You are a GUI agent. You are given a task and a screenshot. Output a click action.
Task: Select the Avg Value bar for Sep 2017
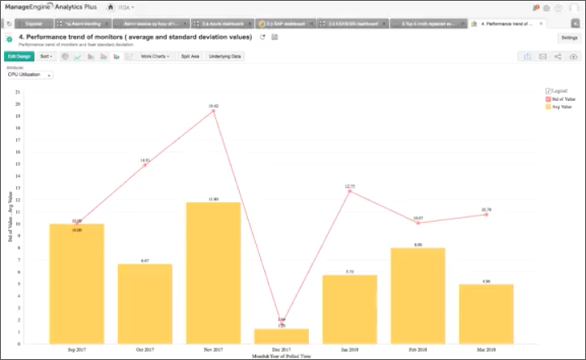pos(76,280)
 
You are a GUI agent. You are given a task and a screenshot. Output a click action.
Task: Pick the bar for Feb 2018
pos(418,293)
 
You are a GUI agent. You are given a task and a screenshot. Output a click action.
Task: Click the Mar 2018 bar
pos(486,310)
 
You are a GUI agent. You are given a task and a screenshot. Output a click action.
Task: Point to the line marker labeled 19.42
pos(213,111)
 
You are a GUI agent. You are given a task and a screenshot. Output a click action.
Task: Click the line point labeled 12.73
pos(349,191)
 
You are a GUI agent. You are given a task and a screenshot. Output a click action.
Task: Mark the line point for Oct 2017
pos(145,165)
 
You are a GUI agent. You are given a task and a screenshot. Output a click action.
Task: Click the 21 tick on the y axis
pos(17,92)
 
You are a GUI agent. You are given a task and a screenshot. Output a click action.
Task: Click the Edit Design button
pos(19,57)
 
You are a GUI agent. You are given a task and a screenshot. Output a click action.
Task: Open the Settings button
pos(569,37)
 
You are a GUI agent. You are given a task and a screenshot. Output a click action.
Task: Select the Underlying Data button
pos(225,57)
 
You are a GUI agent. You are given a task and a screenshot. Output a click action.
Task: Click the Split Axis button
pos(190,57)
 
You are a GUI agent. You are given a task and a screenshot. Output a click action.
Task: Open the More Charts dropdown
pos(155,57)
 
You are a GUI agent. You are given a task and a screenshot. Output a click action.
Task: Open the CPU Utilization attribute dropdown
pos(29,75)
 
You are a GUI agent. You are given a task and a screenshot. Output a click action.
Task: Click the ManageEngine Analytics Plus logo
pos(50,7)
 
